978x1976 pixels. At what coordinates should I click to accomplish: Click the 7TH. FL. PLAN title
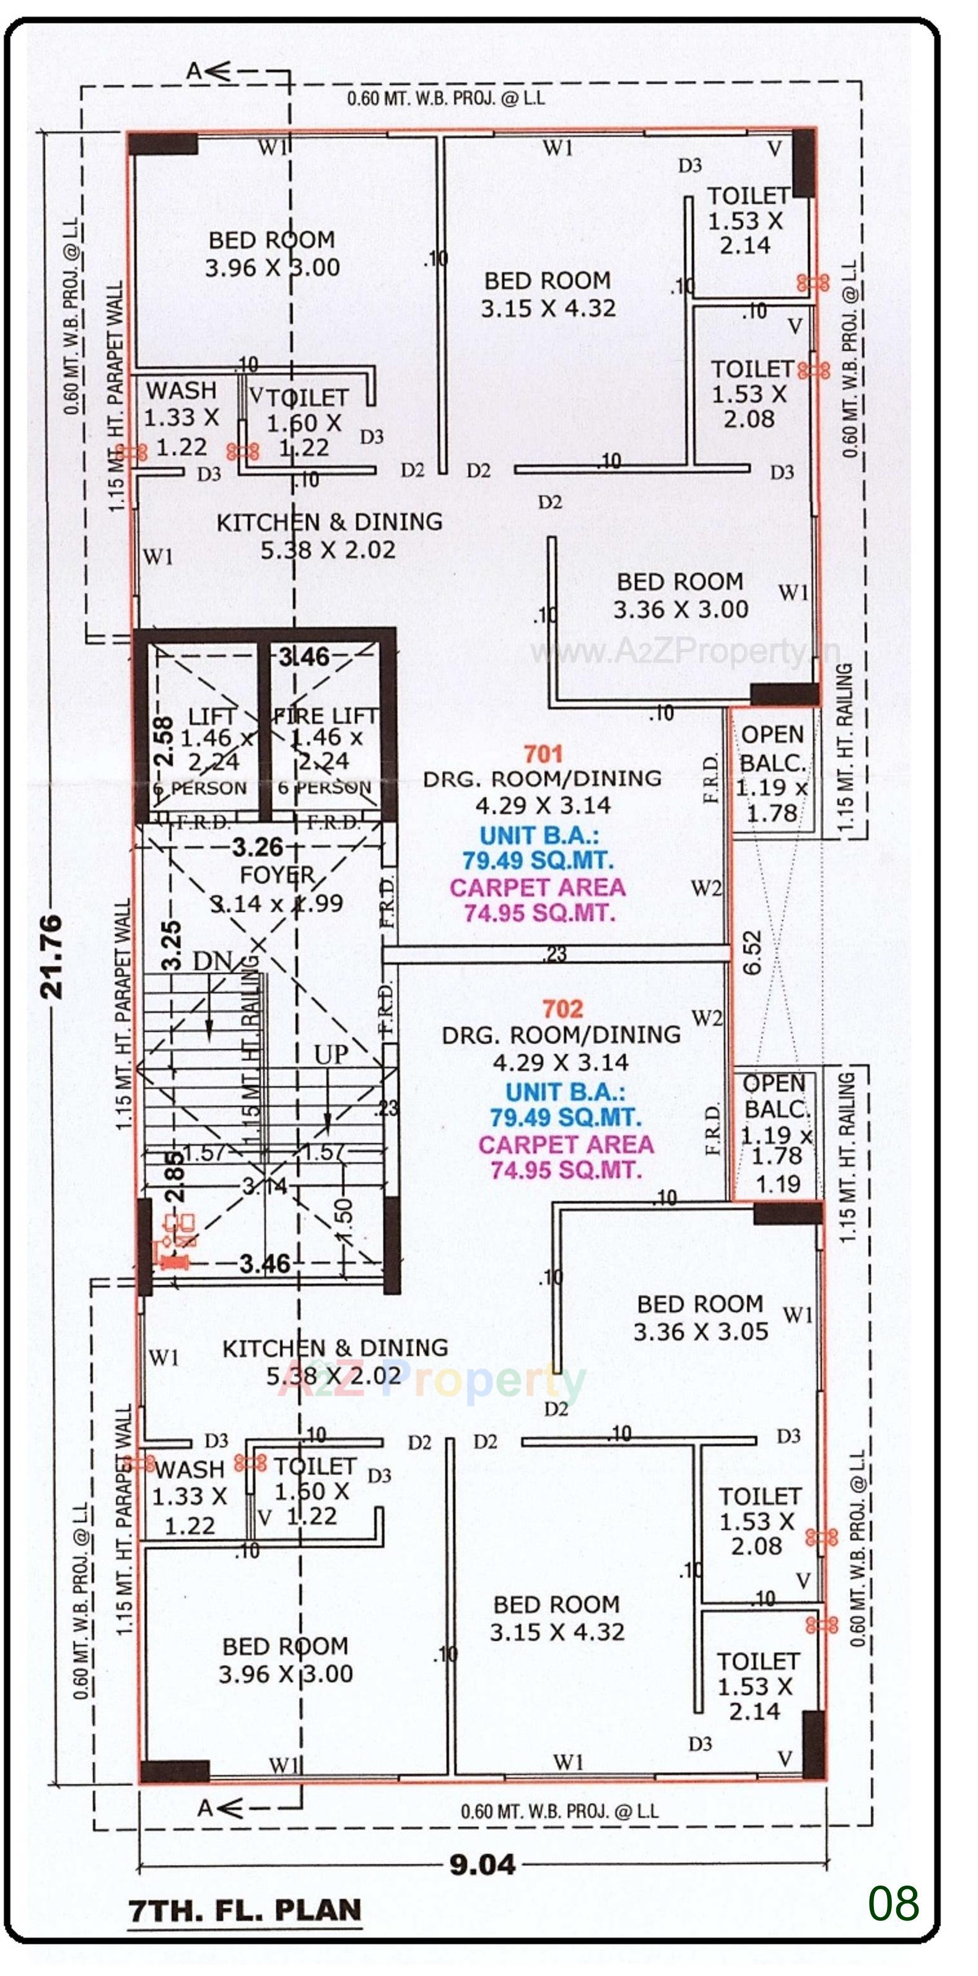click(x=244, y=1909)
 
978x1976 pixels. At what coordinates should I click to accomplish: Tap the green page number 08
click(x=893, y=1903)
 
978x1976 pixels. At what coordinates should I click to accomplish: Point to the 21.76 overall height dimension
click(x=51, y=955)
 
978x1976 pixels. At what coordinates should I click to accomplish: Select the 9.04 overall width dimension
click(x=482, y=1864)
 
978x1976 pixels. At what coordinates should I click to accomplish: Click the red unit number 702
click(x=562, y=1009)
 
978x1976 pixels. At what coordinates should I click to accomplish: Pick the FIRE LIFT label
click(x=325, y=716)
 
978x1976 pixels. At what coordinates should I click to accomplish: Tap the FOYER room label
click(x=277, y=875)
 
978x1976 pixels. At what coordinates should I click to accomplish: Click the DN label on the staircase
click(x=212, y=962)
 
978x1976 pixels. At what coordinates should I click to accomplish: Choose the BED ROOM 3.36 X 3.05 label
click(x=699, y=1317)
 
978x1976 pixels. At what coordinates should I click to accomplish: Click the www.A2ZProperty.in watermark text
click(x=684, y=652)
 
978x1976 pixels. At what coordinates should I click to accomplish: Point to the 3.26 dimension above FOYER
click(x=258, y=847)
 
